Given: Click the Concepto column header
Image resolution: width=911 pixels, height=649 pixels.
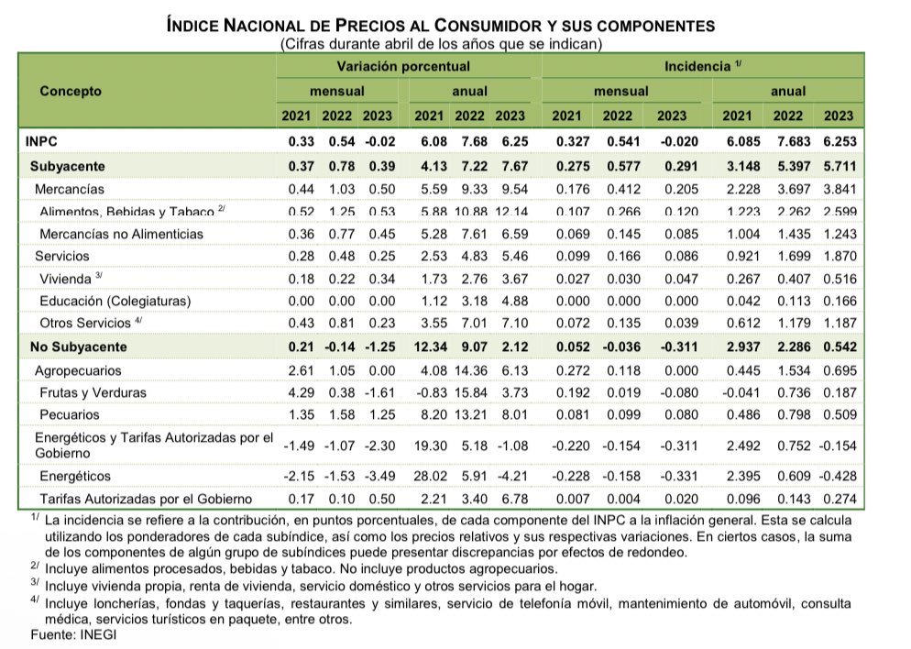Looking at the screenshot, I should [x=70, y=92].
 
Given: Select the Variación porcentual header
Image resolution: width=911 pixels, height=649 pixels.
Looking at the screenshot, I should [x=403, y=67].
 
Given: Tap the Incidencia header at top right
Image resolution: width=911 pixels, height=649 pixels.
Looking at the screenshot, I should [x=697, y=67].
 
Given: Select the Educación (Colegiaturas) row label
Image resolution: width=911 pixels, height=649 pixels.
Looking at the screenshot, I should [x=115, y=301].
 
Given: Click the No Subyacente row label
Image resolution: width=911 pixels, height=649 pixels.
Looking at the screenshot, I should [x=79, y=347].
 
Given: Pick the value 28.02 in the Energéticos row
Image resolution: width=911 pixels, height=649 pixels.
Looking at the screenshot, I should [x=429, y=477].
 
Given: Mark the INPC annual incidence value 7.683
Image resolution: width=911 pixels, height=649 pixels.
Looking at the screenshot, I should [x=788, y=143].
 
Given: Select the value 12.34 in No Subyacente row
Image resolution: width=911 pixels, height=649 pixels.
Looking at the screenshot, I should [x=429, y=347].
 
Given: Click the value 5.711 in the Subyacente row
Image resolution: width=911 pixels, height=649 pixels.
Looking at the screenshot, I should [x=838, y=166].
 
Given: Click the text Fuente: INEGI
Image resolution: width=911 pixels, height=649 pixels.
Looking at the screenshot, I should [x=67, y=634].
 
